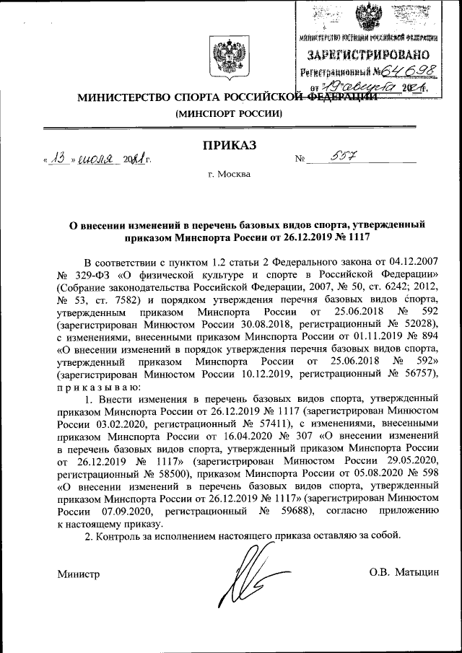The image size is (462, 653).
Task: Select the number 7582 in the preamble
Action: coord(134,300)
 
